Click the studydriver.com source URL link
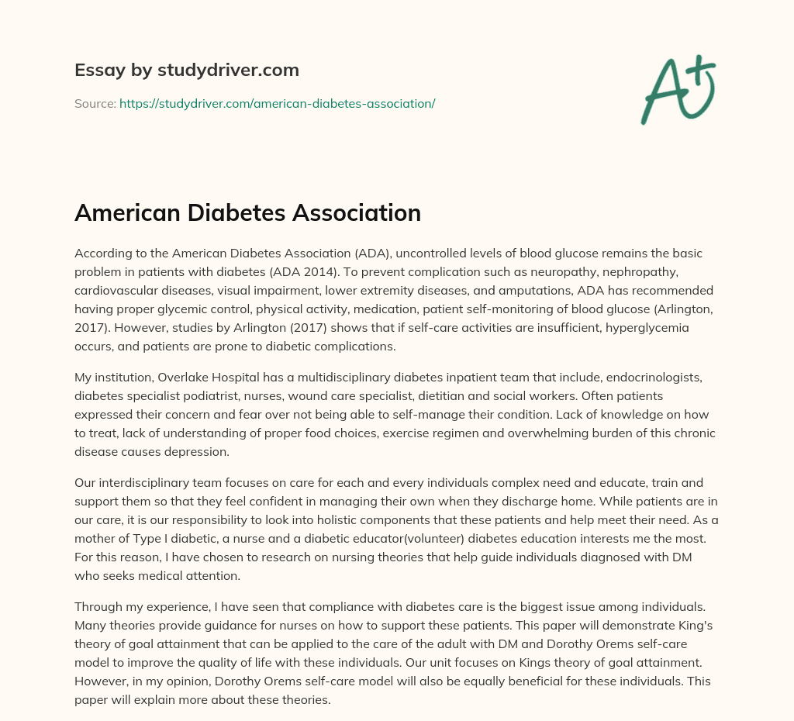pyautogui.click(x=277, y=103)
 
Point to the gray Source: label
pyautogui.click(x=95, y=103)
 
